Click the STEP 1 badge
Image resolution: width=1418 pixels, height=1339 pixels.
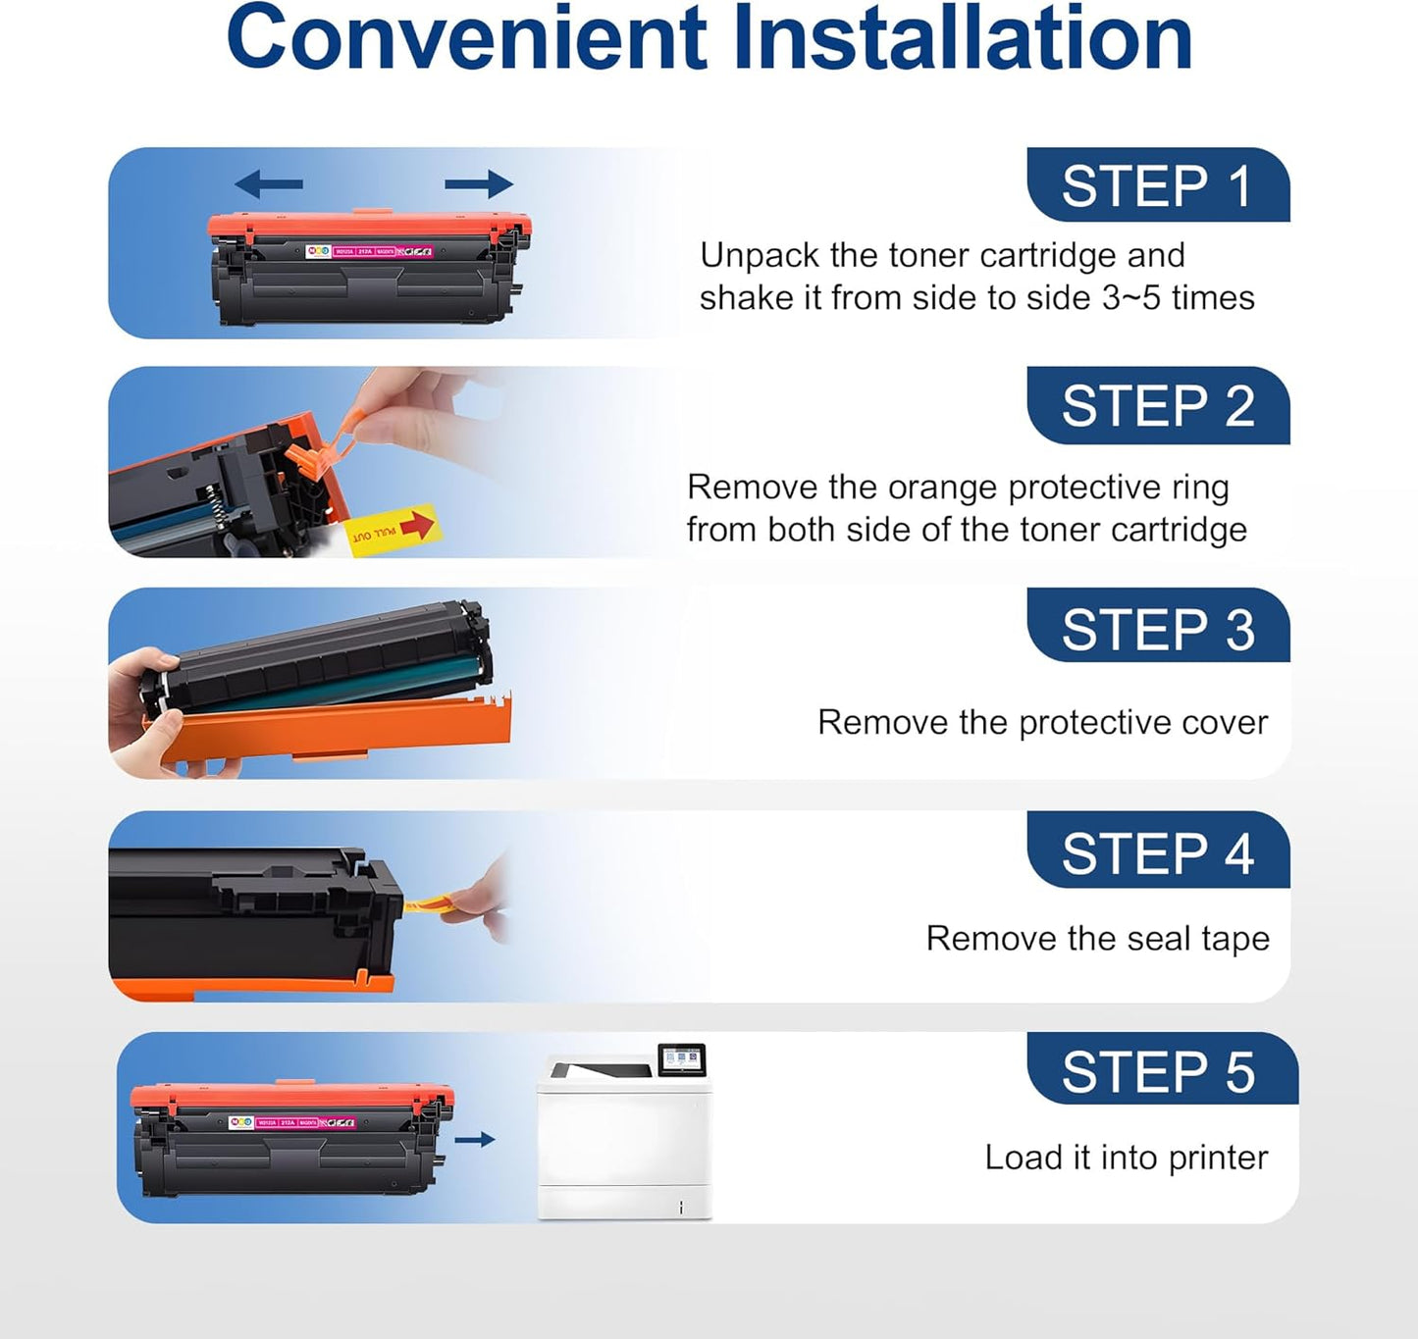(1158, 185)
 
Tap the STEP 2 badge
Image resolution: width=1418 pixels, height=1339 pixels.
(1158, 405)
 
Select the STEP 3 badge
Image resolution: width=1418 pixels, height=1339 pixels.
(1158, 628)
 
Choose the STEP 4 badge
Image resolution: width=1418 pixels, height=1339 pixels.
(1158, 851)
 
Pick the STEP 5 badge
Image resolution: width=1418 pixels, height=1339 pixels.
(1162, 1070)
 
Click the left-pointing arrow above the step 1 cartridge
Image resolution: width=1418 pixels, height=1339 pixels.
(268, 183)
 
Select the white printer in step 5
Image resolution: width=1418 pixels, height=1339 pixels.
(623, 1143)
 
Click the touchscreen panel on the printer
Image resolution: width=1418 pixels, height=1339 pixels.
(682, 1059)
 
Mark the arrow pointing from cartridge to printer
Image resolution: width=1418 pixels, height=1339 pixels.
(475, 1140)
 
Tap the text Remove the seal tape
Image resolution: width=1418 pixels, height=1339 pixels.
(1097, 939)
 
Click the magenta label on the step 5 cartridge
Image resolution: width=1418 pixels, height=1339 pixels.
(303, 1122)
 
